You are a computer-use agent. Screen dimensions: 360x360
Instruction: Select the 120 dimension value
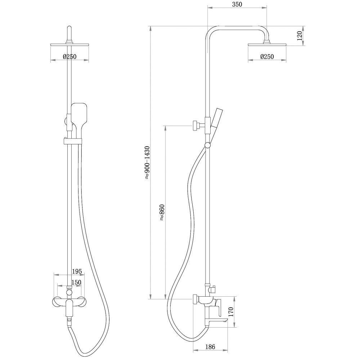click(299, 36)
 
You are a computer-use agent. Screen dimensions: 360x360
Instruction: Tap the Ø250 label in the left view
click(69, 57)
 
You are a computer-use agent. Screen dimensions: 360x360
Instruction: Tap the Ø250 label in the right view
click(267, 57)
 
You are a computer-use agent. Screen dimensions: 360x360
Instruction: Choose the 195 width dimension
click(77, 271)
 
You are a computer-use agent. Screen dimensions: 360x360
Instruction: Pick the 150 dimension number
click(76, 283)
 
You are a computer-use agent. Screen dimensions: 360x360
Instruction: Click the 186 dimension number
click(210, 347)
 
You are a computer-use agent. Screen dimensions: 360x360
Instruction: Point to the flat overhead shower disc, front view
click(69, 45)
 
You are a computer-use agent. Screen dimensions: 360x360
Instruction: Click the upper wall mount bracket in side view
click(196, 126)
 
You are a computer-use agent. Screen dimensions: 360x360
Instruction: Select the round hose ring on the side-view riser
click(207, 145)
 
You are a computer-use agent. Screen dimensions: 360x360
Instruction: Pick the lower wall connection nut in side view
click(195, 299)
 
